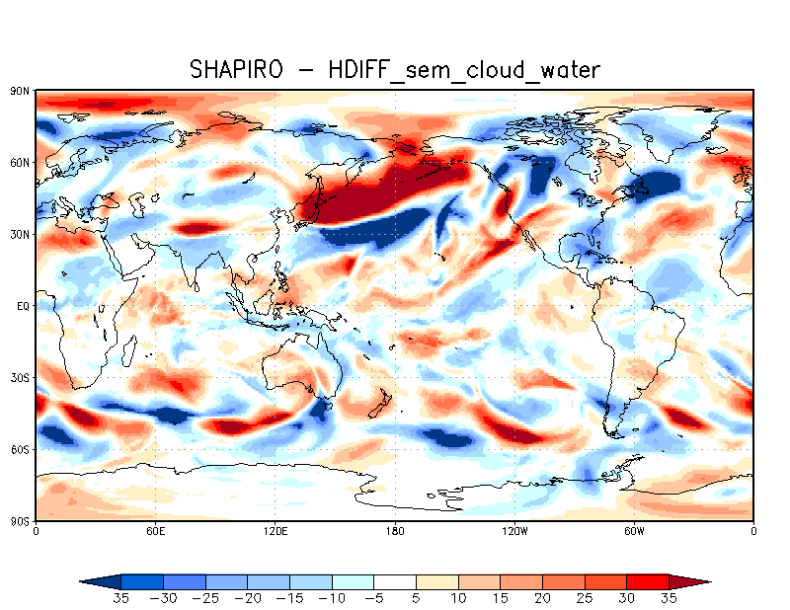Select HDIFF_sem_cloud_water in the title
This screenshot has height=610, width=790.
click(464, 69)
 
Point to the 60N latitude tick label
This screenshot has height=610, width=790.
click(21, 162)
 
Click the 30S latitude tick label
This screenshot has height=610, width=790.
click(21, 378)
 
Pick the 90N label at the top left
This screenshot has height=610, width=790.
click(21, 91)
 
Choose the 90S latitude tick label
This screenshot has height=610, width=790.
click(21, 521)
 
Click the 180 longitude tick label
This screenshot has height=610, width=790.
click(395, 532)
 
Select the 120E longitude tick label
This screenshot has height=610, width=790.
click(276, 532)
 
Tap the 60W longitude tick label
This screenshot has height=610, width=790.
click(634, 532)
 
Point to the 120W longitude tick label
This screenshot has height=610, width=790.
click(514, 532)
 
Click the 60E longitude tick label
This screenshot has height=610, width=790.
click(155, 532)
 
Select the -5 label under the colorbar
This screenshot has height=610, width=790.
click(375, 598)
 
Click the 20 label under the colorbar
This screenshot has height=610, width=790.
click(542, 598)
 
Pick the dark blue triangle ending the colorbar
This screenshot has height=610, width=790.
click(99, 582)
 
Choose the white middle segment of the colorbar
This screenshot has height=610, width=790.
click(395, 582)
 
